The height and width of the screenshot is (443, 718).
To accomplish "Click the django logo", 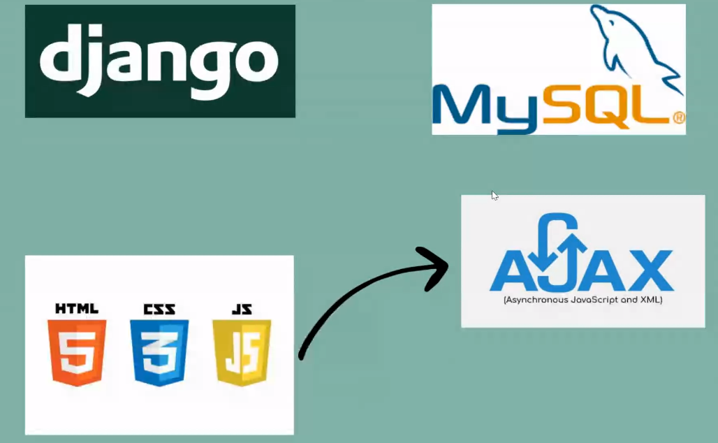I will pyautogui.click(x=160, y=61).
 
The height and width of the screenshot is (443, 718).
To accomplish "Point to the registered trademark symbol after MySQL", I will pyautogui.click(x=677, y=117).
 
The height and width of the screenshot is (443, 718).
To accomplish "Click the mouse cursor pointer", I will pyautogui.click(x=494, y=195).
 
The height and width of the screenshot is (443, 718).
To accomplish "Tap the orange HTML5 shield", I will pyautogui.click(x=76, y=352).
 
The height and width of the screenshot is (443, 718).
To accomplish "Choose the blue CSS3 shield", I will pyautogui.click(x=159, y=352).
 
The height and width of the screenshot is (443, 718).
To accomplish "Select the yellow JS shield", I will pyautogui.click(x=242, y=352).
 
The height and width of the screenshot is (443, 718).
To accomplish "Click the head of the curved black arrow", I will pyautogui.click(x=437, y=264).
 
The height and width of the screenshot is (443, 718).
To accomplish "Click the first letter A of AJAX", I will pyautogui.click(x=512, y=270).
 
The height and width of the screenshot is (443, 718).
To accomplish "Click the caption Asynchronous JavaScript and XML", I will pyautogui.click(x=583, y=300).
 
